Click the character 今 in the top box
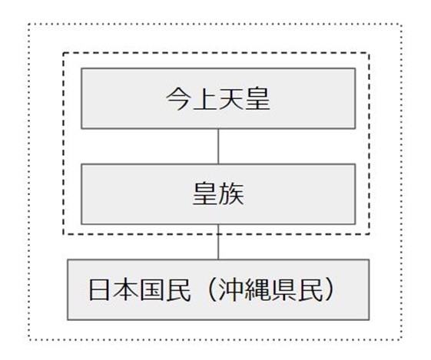point(179,99)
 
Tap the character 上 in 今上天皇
point(205,99)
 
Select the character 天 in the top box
point(231,99)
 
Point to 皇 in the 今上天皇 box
point(257,99)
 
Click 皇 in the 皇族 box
point(205,194)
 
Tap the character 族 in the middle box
point(231,194)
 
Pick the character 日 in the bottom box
point(101,290)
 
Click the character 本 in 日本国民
point(126,290)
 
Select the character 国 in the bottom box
point(152,290)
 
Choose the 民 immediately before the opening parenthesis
point(178,290)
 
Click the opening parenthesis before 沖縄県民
point(211,290)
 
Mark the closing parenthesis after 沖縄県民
point(330,290)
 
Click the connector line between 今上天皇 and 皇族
point(218,147)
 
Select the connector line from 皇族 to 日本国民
point(218,242)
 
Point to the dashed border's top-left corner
point(64,53)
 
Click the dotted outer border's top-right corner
point(401,25)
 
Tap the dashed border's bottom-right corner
point(369,234)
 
